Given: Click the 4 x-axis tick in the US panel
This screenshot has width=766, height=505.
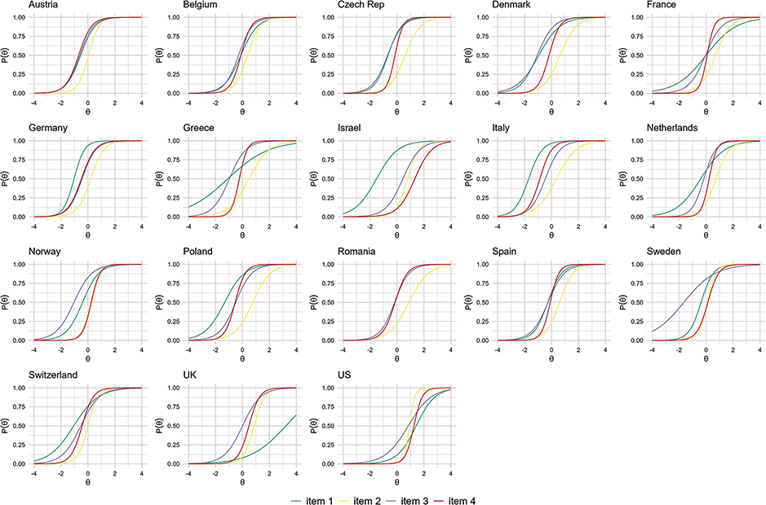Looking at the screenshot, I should [451, 472].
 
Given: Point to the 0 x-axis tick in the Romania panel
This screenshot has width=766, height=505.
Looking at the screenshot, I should [397, 349].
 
